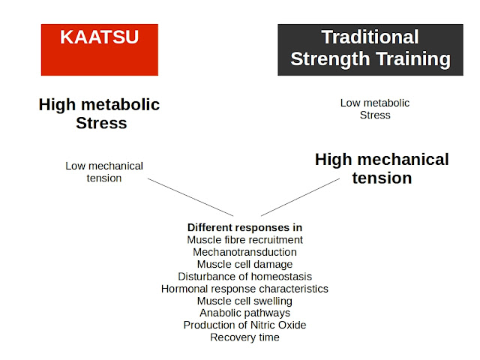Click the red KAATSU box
(x=100, y=49)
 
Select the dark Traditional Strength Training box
(x=370, y=49)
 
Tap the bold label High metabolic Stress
(x=100, y=113)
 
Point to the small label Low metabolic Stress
(x=375, y=109)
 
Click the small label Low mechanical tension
(x=104, y=172)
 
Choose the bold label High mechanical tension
(x=382, y=169)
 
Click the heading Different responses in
(x=244, y=227)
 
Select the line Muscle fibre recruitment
(x=244, y=240)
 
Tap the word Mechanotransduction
(x=244, y=252)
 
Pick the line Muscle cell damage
(x=244, y=264)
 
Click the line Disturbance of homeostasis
(x=244, y=276)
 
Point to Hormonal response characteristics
(x=244, y=288)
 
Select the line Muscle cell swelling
(x=244, y=301)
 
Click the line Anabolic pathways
(x=244, y=313)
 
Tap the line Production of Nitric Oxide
(x=244, y=325)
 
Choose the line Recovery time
(x=244, y=337)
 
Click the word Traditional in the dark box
(x=370, y=37)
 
